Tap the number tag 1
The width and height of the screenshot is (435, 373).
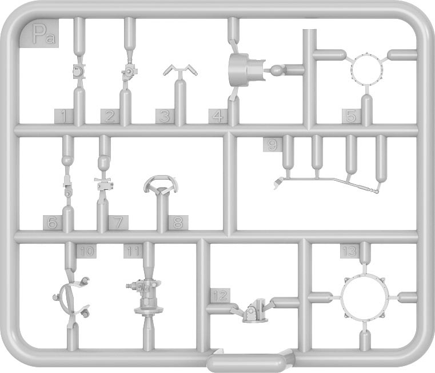pyautogui.click(x=64, y=116)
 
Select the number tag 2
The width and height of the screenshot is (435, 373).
pyautogui.click(x=110, y=116)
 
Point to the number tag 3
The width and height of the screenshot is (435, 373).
pyautogui.click(x=165, y=116)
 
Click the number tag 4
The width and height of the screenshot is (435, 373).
pyautogui.click(x=218, y=116)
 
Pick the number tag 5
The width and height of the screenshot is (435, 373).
pyautogui.click(x=351, y=116)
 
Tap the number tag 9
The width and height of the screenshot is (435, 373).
pyautogui.click(x=273, y=145)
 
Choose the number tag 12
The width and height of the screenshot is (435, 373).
pyautogui.click(x=221, y=295)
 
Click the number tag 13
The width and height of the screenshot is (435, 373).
pyautogui.click(x=350, y=252)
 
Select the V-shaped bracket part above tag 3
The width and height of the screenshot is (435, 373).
pyautogui.click(x=180, y=71)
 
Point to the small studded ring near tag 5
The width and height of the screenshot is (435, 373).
pyautogui.click(x=367, y=69)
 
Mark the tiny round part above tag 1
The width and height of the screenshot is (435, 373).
pyautogui.click(x=77, y=72)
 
